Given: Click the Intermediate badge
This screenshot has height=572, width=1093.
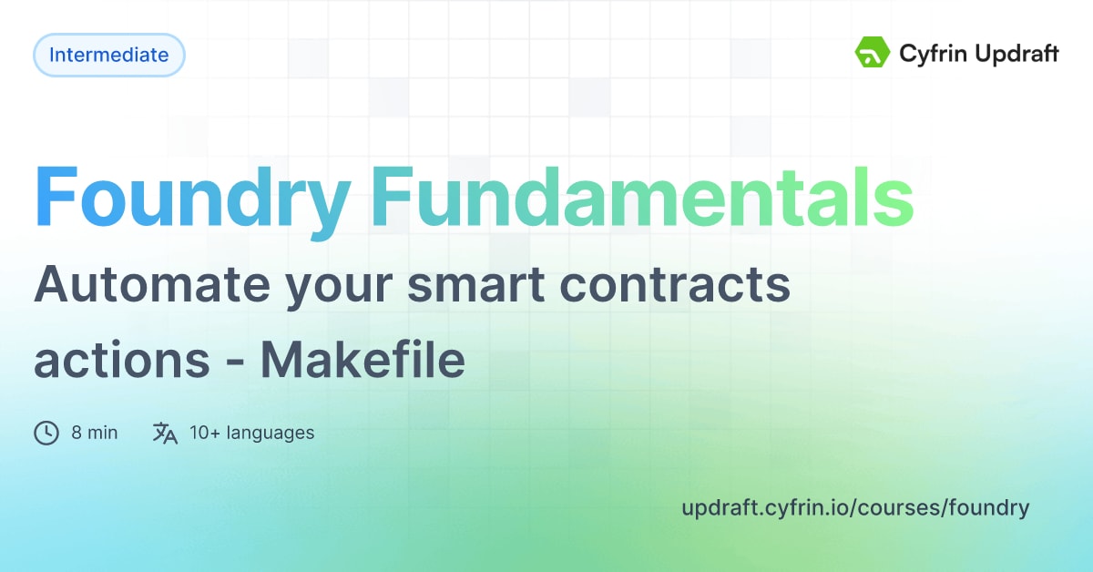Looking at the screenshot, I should tap(109, 55).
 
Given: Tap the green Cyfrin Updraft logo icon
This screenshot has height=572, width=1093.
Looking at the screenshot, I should tap(872, 54).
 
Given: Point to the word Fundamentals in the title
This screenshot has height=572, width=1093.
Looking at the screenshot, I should tap(642, 198).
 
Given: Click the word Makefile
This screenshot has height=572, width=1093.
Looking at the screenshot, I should tap(363, 361).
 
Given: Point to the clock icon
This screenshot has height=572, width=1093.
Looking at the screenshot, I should tap(46, 433).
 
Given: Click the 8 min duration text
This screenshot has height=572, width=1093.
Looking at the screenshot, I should tap(95, 433).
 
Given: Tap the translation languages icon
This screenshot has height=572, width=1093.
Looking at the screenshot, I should tap(165, 433).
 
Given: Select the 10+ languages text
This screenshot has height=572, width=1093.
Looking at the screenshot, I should tap(251, 433).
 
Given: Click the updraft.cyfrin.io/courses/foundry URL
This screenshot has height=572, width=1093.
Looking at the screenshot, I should tap(855, 507).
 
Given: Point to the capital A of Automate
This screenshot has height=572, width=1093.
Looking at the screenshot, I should tap(53, 287).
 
